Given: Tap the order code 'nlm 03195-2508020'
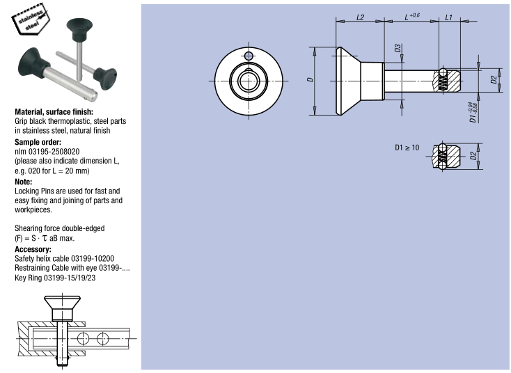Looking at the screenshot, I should tap(47, 151).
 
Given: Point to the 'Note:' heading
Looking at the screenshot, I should tap(24, 182).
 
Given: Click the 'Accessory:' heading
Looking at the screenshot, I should tap(33, 249).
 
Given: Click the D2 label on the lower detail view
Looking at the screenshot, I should tap(473, 157).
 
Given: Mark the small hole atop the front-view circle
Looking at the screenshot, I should tap(249, 56).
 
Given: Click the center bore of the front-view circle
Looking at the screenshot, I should tap(249, 81).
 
